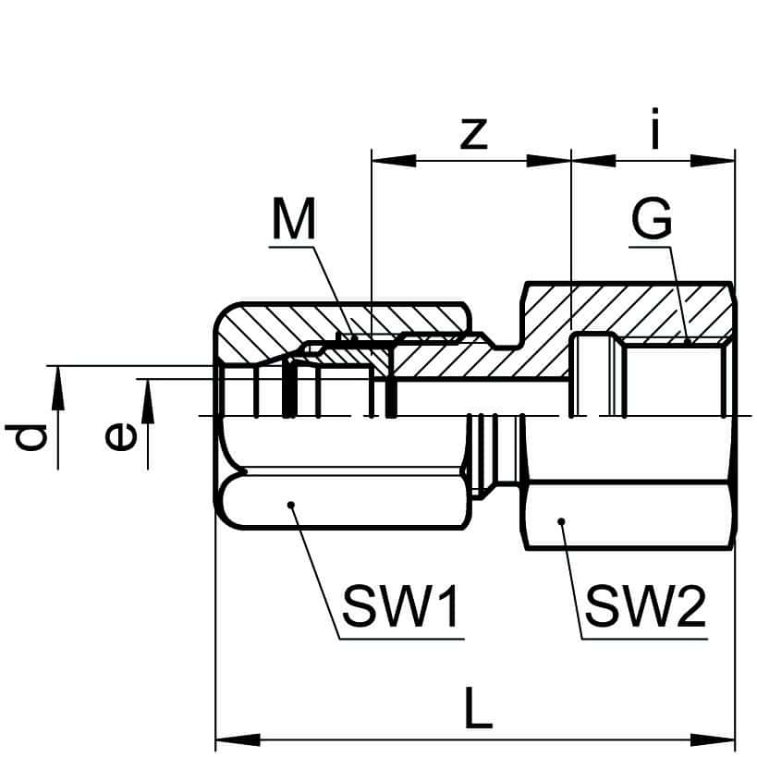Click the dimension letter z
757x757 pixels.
pyautogui.click(x=473, y=133)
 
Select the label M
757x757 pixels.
pyautogui.click(x=294, y=221)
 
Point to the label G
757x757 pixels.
pyautogui.click(x=652, y=222)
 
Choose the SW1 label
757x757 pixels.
pyautogui.click(x=400, y=607)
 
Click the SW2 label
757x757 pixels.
pyautogui.click(x=646, y=607)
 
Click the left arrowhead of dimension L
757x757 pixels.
pyautogui.click(x=226, y=740)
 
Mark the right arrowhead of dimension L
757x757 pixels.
pyautogui.click(x=725, y=740)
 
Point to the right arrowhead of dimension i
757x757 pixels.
pyautogui.click(x=724, y=159)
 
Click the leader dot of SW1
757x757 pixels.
pyautogui.click(x=290, y=504)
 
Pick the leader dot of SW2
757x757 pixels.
pyautogui.click(x=562, y=523)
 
